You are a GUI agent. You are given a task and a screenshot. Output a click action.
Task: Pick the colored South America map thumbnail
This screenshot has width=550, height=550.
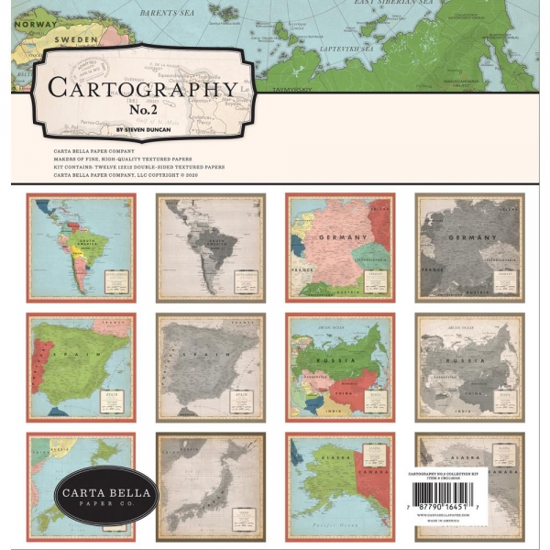(81, 247)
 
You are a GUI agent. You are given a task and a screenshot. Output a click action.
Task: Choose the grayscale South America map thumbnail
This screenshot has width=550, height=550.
(210, 247)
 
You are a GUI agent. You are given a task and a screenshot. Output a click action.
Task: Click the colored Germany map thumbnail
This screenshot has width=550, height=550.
(340, 247)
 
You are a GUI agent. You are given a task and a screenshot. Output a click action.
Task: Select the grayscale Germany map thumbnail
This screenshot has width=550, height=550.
(469, 247)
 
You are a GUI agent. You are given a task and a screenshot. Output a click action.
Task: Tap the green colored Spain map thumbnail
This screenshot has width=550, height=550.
(81, 367)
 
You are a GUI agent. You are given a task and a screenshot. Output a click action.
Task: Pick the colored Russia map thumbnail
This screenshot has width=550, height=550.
(340, 367)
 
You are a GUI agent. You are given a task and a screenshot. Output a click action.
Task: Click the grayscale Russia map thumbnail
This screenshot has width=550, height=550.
(469, 367)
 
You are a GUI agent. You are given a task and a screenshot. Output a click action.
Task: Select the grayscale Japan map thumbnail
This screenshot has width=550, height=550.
(210, 486)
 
